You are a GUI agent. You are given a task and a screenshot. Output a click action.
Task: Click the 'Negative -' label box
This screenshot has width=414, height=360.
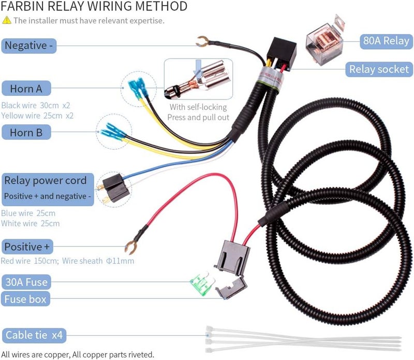point(28,46)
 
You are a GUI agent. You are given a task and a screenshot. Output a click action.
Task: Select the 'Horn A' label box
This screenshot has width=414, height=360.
point(26,89)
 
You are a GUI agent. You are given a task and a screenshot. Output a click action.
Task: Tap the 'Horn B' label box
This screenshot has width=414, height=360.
point(26,133)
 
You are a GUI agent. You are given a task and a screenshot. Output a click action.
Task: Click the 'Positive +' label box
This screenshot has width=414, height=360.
point(28,247)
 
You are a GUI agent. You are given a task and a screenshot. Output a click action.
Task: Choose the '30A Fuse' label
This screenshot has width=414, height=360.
point(26,282)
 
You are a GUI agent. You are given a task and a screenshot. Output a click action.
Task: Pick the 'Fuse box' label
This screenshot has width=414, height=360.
point(26,299)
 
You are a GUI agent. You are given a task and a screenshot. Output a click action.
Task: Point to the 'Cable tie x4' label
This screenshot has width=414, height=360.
point(34,335)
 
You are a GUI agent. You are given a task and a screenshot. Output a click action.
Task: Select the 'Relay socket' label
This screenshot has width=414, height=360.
point(379,69)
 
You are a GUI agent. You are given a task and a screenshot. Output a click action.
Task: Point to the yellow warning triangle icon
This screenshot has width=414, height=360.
point(6,21)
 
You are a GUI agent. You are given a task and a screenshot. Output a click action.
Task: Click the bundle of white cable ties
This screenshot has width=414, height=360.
point(303,339)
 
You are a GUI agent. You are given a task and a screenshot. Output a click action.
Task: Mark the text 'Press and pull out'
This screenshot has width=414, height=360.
point(198,117)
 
